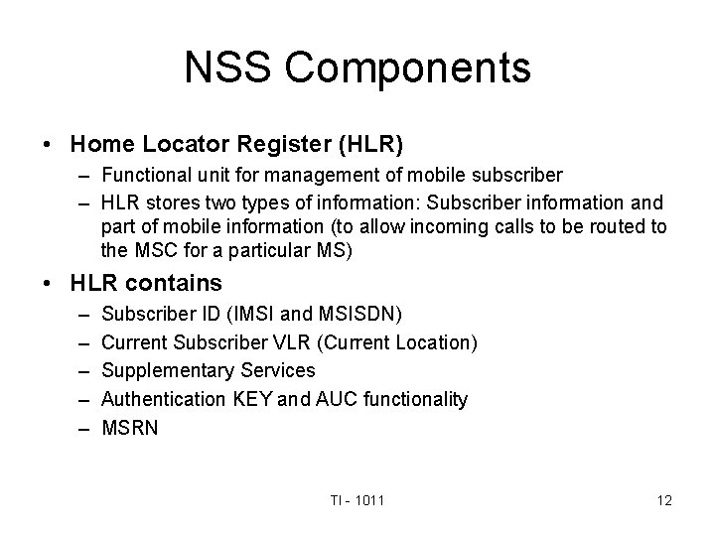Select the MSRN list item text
129,427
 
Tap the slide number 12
663,500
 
